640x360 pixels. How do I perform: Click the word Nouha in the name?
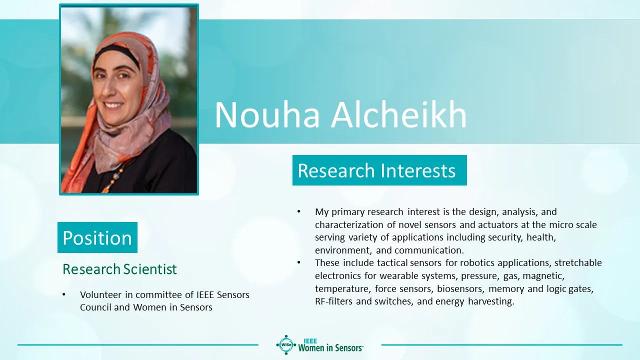tap(267, 115)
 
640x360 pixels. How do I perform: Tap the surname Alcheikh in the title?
tap(399, 114)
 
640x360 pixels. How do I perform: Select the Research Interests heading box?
tap(379, 170)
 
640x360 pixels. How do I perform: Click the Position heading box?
tap(97, 237)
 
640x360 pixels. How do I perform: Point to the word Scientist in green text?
tap(150, 269)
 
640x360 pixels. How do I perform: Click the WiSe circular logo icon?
tap(286, 345)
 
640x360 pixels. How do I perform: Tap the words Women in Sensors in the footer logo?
tap(330, 348)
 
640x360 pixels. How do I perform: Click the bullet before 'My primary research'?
tap(299, 211)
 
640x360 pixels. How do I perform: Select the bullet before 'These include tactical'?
tap(299, 262)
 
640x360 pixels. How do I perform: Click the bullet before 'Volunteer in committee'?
tap(63, 294)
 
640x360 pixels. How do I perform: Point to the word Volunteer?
tap(100, 294)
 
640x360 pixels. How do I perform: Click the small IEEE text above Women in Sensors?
tap(310, 341)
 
